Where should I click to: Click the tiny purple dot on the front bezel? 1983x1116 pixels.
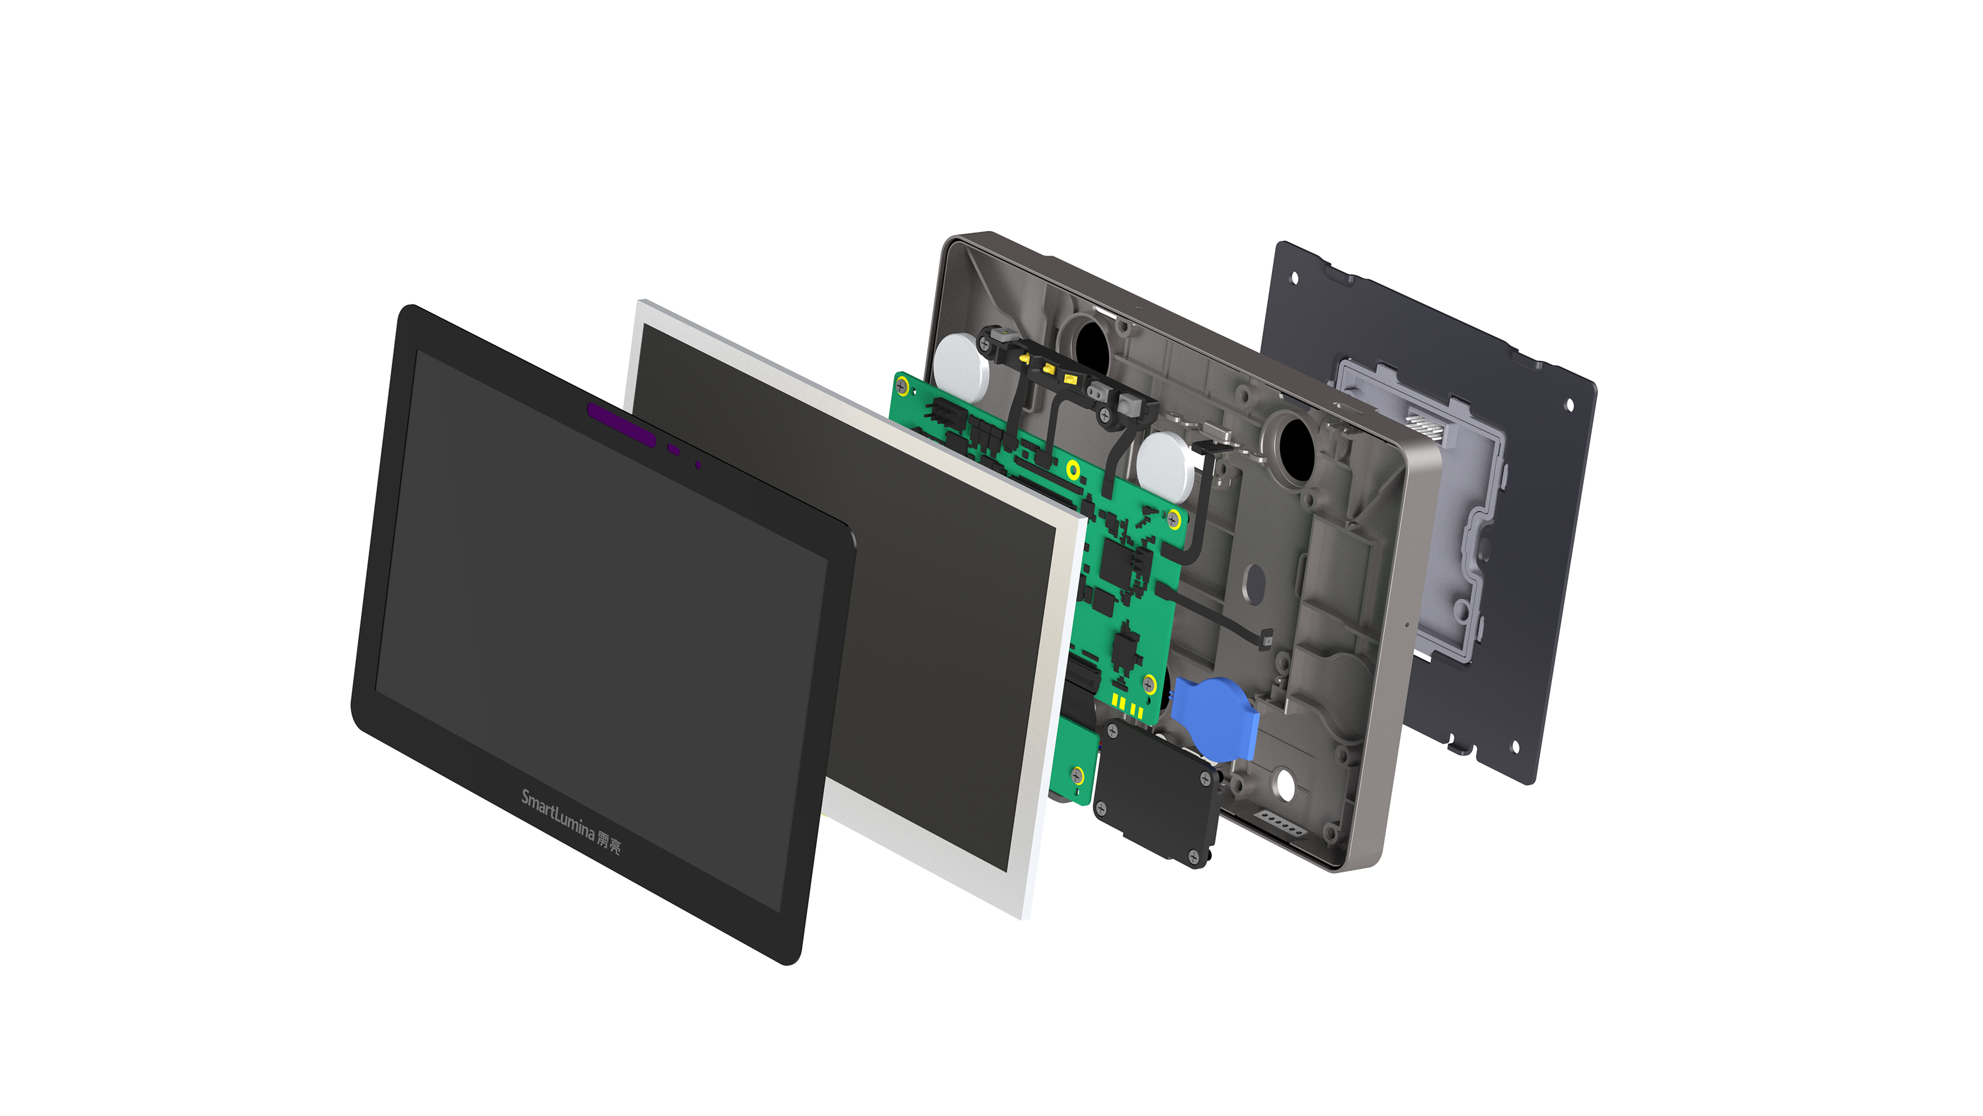pyautogui.click(x=697, y=465)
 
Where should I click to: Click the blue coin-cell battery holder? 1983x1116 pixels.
pyautogui.click(x=1215, y=715)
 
